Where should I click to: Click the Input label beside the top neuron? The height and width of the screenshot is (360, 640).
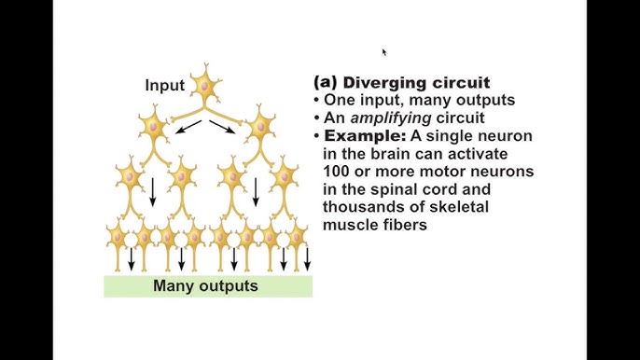(x=165, y=86)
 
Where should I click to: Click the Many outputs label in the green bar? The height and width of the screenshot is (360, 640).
(x=205, y=286)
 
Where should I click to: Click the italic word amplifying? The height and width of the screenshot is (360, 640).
(x=390, y=118)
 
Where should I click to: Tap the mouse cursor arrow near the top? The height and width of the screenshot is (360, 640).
(x=383, y=52)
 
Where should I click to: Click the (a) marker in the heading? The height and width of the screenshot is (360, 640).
(x=326, y=83)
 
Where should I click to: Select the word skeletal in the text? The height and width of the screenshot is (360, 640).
(x=454, y=207)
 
